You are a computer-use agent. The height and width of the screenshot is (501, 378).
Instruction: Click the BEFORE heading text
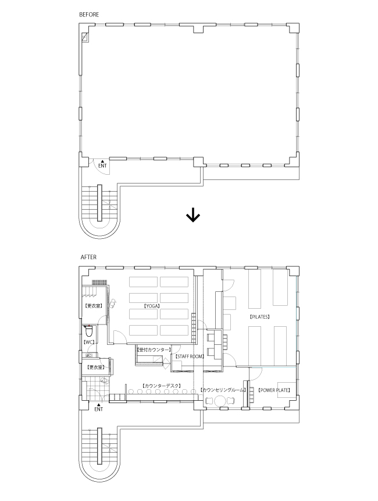click(x=89, y=13)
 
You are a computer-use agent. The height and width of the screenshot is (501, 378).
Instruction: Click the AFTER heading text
click(x=88, y=256)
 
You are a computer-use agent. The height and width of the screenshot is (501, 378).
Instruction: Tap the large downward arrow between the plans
click(x=192, y=216)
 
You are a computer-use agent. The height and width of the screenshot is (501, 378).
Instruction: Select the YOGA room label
click(x=152, y=306)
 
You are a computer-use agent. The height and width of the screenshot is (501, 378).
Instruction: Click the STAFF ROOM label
click(x=190, y=355)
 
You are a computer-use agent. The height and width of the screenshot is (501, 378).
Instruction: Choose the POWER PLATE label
click(x=274, y=390)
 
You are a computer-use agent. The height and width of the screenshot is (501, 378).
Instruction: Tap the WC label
click(x=89, y=343)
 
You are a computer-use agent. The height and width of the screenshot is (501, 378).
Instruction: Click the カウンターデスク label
click(x=162, y=386)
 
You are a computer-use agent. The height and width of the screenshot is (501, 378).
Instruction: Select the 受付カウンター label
click(x=154, y=350)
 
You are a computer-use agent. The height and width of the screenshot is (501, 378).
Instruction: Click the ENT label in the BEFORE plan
click(x=102, y=166)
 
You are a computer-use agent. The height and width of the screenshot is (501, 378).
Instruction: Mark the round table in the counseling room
click(x=220, y=401)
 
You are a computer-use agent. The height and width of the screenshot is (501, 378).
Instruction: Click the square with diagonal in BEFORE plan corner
click(x=85, y=37)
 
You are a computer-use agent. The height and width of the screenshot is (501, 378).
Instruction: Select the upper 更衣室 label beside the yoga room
click(x=93, y=306)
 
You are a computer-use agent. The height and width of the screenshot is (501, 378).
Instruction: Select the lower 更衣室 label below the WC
click(x=95, y=368)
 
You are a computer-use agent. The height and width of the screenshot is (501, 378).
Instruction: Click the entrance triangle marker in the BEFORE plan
click(x=102, y=160)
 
